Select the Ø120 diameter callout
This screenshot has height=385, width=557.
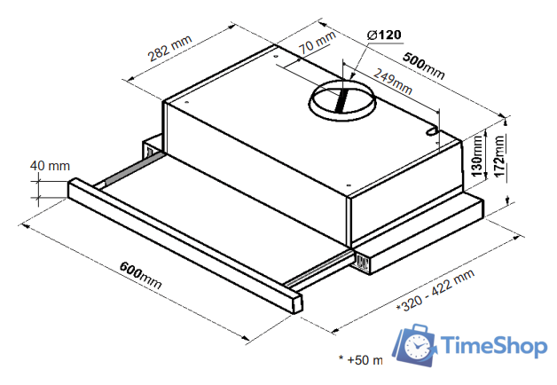(x=384, y=35)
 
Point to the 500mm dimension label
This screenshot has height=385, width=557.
(x=423, y=66)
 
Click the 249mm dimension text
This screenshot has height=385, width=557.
(x=393, y=81)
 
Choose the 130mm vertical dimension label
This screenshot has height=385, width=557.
(x=477, y=156)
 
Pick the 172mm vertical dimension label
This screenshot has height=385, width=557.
(x=499, y=158)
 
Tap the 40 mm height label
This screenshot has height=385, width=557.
(x=50, y=166)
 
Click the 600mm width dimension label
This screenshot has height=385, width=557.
(x=141, y=275)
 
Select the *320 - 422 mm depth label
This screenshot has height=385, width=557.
(x=435, y=290)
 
